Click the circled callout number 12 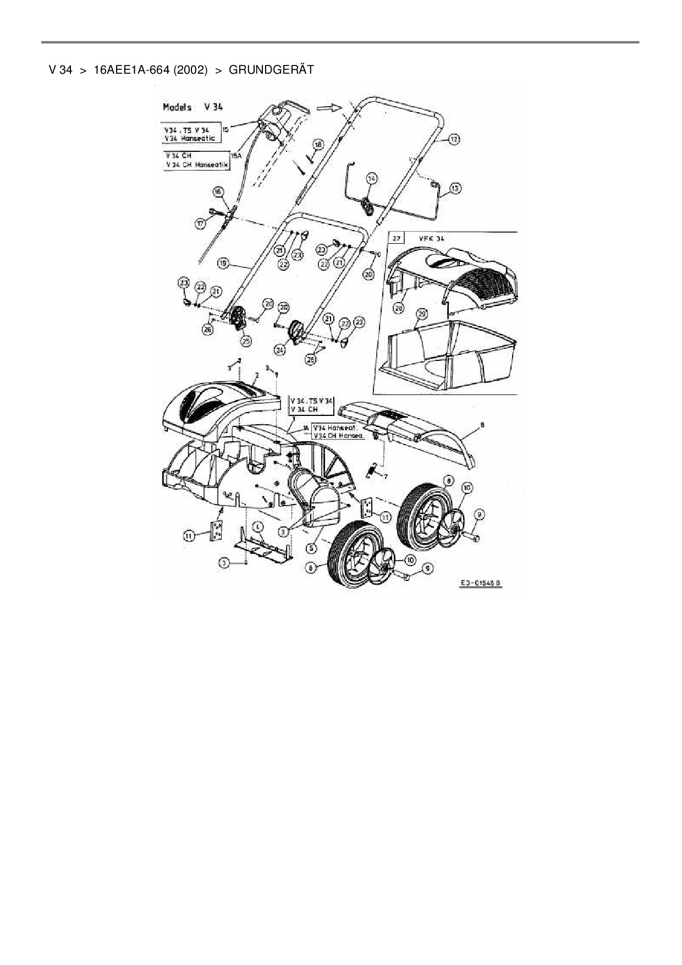[x=454, y=140]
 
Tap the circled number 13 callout [x=455, y=188]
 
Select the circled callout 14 [x=372, y=178]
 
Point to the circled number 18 [x=317, y=145]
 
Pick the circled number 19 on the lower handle [x=223, y=264]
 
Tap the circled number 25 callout [x=245, y=341]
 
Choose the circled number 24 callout [x=280, y=350]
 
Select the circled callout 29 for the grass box [x=421, y=314]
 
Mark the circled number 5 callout [x=311, y=548]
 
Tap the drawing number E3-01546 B [x=480, y=584]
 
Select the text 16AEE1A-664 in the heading [x=131, y=70]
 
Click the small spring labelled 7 [x=374, y=470]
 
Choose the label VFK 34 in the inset [x=431, y=239]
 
